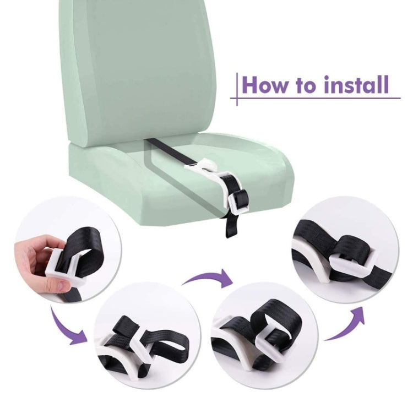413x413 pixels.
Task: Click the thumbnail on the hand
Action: point(61,285)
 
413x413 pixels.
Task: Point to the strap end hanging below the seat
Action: point(231,226)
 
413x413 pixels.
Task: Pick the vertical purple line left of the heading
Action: point(237,89)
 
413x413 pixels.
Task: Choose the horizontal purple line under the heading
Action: point(316,98)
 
